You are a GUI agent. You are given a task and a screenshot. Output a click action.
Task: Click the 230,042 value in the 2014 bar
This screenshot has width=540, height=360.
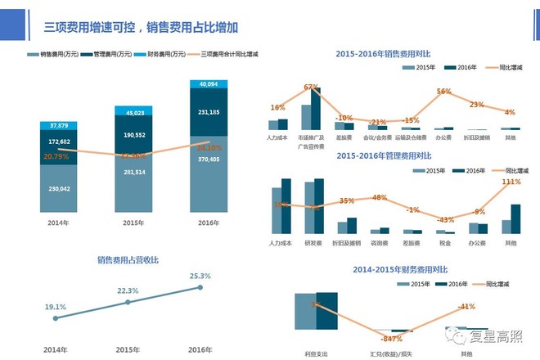tap(58, 188)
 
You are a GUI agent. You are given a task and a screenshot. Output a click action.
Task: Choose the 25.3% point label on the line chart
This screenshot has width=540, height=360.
tap(200, 277)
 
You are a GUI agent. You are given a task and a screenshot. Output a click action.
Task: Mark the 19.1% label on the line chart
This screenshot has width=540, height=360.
tap(55, 306)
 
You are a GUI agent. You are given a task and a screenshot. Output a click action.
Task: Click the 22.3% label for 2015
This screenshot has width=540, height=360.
tap(128, 290)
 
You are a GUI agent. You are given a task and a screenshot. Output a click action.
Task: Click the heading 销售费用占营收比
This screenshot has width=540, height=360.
tap(128, 260)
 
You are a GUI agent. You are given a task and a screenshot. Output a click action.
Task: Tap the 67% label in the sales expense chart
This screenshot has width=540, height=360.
tap(311, 87)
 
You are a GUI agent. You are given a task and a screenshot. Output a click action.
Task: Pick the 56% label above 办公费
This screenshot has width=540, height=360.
tap(444, 92)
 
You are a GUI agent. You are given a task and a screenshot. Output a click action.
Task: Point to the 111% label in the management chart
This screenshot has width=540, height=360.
tap(511, 182)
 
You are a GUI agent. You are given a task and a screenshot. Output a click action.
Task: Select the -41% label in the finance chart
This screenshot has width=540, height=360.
tap(467, 306)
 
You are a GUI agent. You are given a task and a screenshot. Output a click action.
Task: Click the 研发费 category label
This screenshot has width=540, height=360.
tap(313, 244)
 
